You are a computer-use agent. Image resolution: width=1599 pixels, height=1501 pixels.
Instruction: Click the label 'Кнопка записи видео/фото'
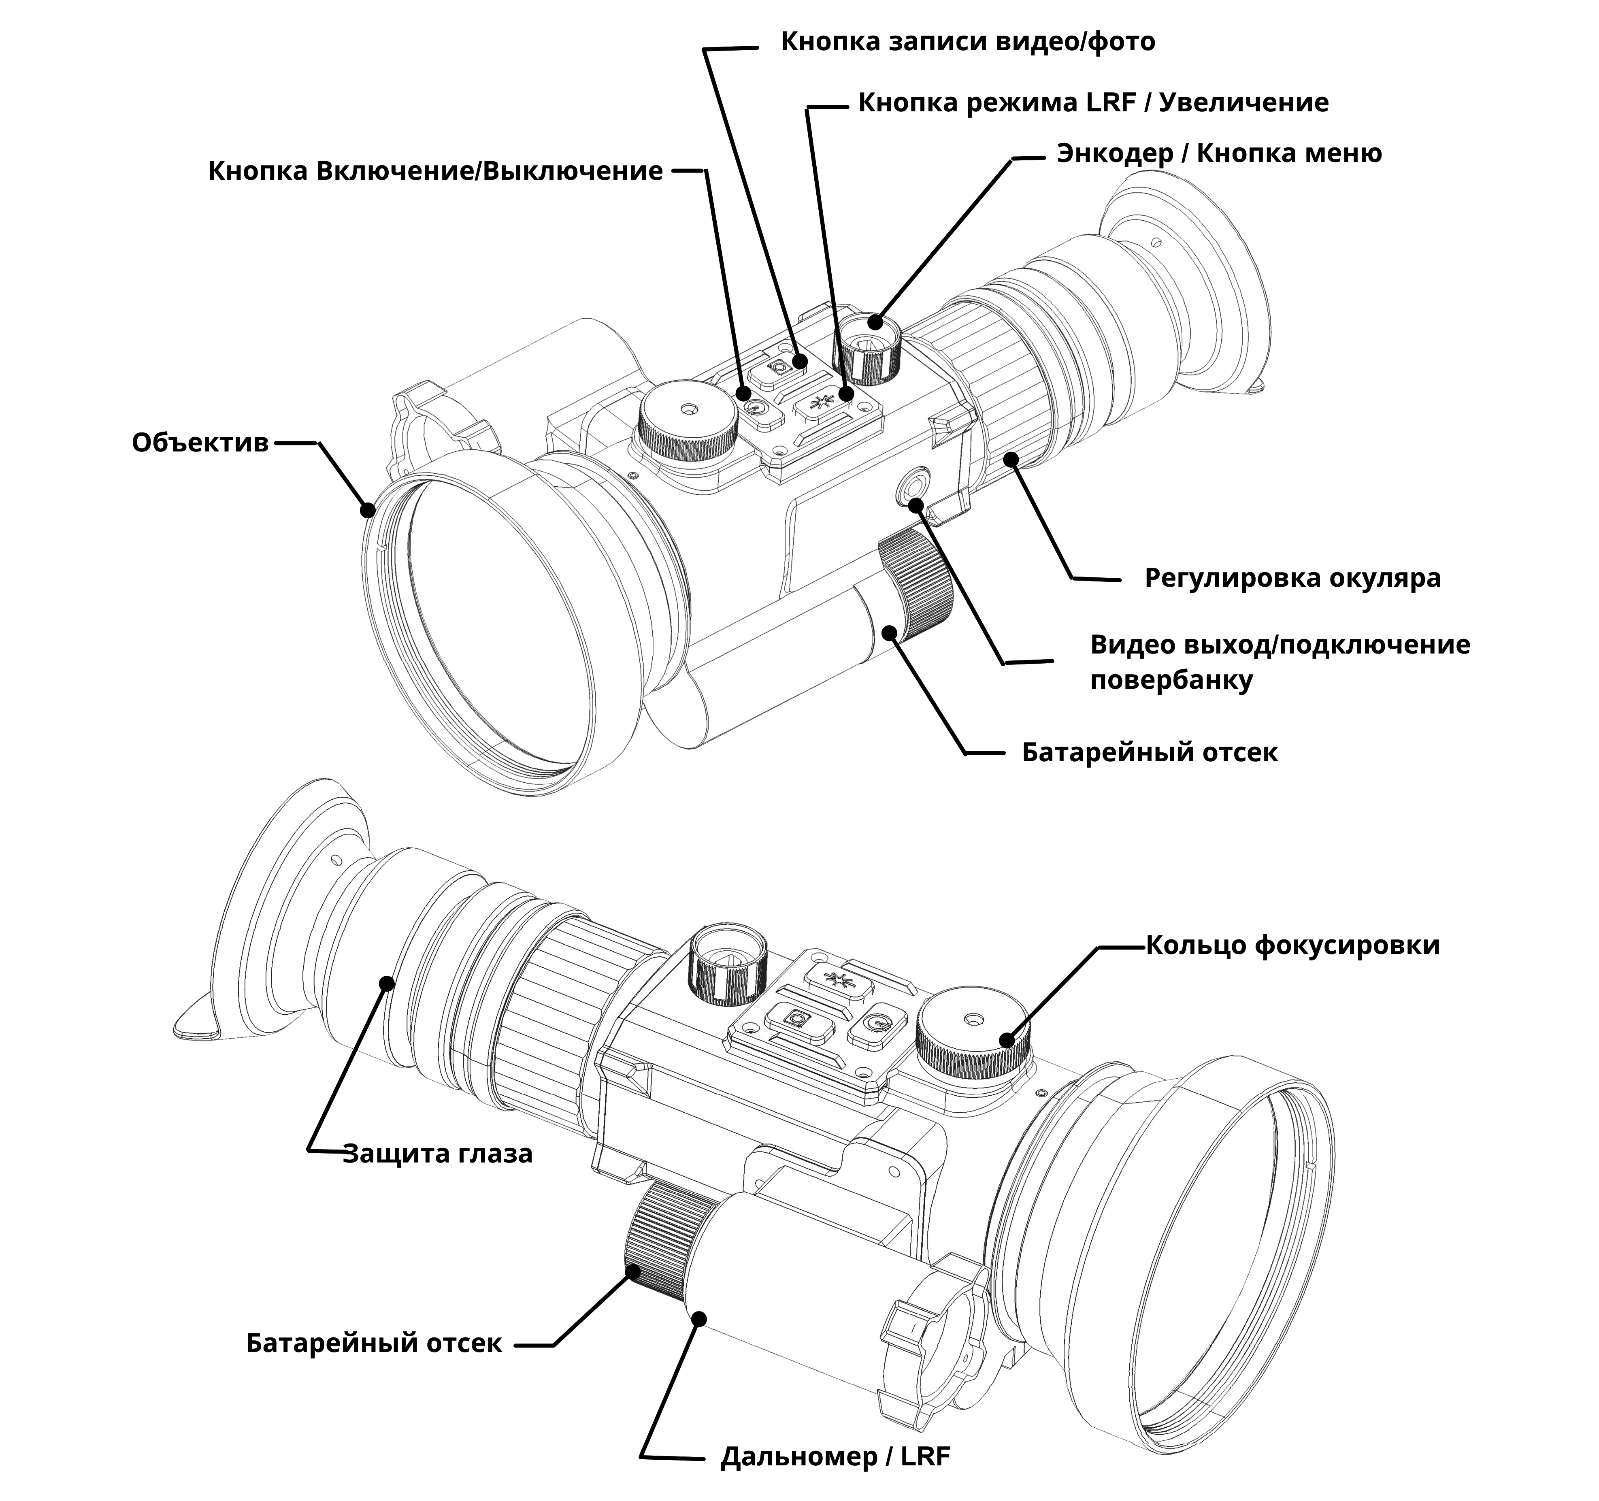click(x=968, y=42)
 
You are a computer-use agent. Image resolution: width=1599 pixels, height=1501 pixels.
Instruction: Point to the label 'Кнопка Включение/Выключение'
click(x=435, y=171)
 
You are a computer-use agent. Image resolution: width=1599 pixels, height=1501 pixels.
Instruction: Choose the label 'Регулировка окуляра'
click(x=1292, y=577)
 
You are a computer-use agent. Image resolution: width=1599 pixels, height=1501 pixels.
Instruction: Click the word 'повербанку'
click(x=1171, y=681)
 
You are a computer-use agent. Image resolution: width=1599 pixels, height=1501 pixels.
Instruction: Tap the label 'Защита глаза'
click(x=438, y=1154)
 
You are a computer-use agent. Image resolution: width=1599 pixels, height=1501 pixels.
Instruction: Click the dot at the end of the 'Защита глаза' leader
click(x=387, y=983)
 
